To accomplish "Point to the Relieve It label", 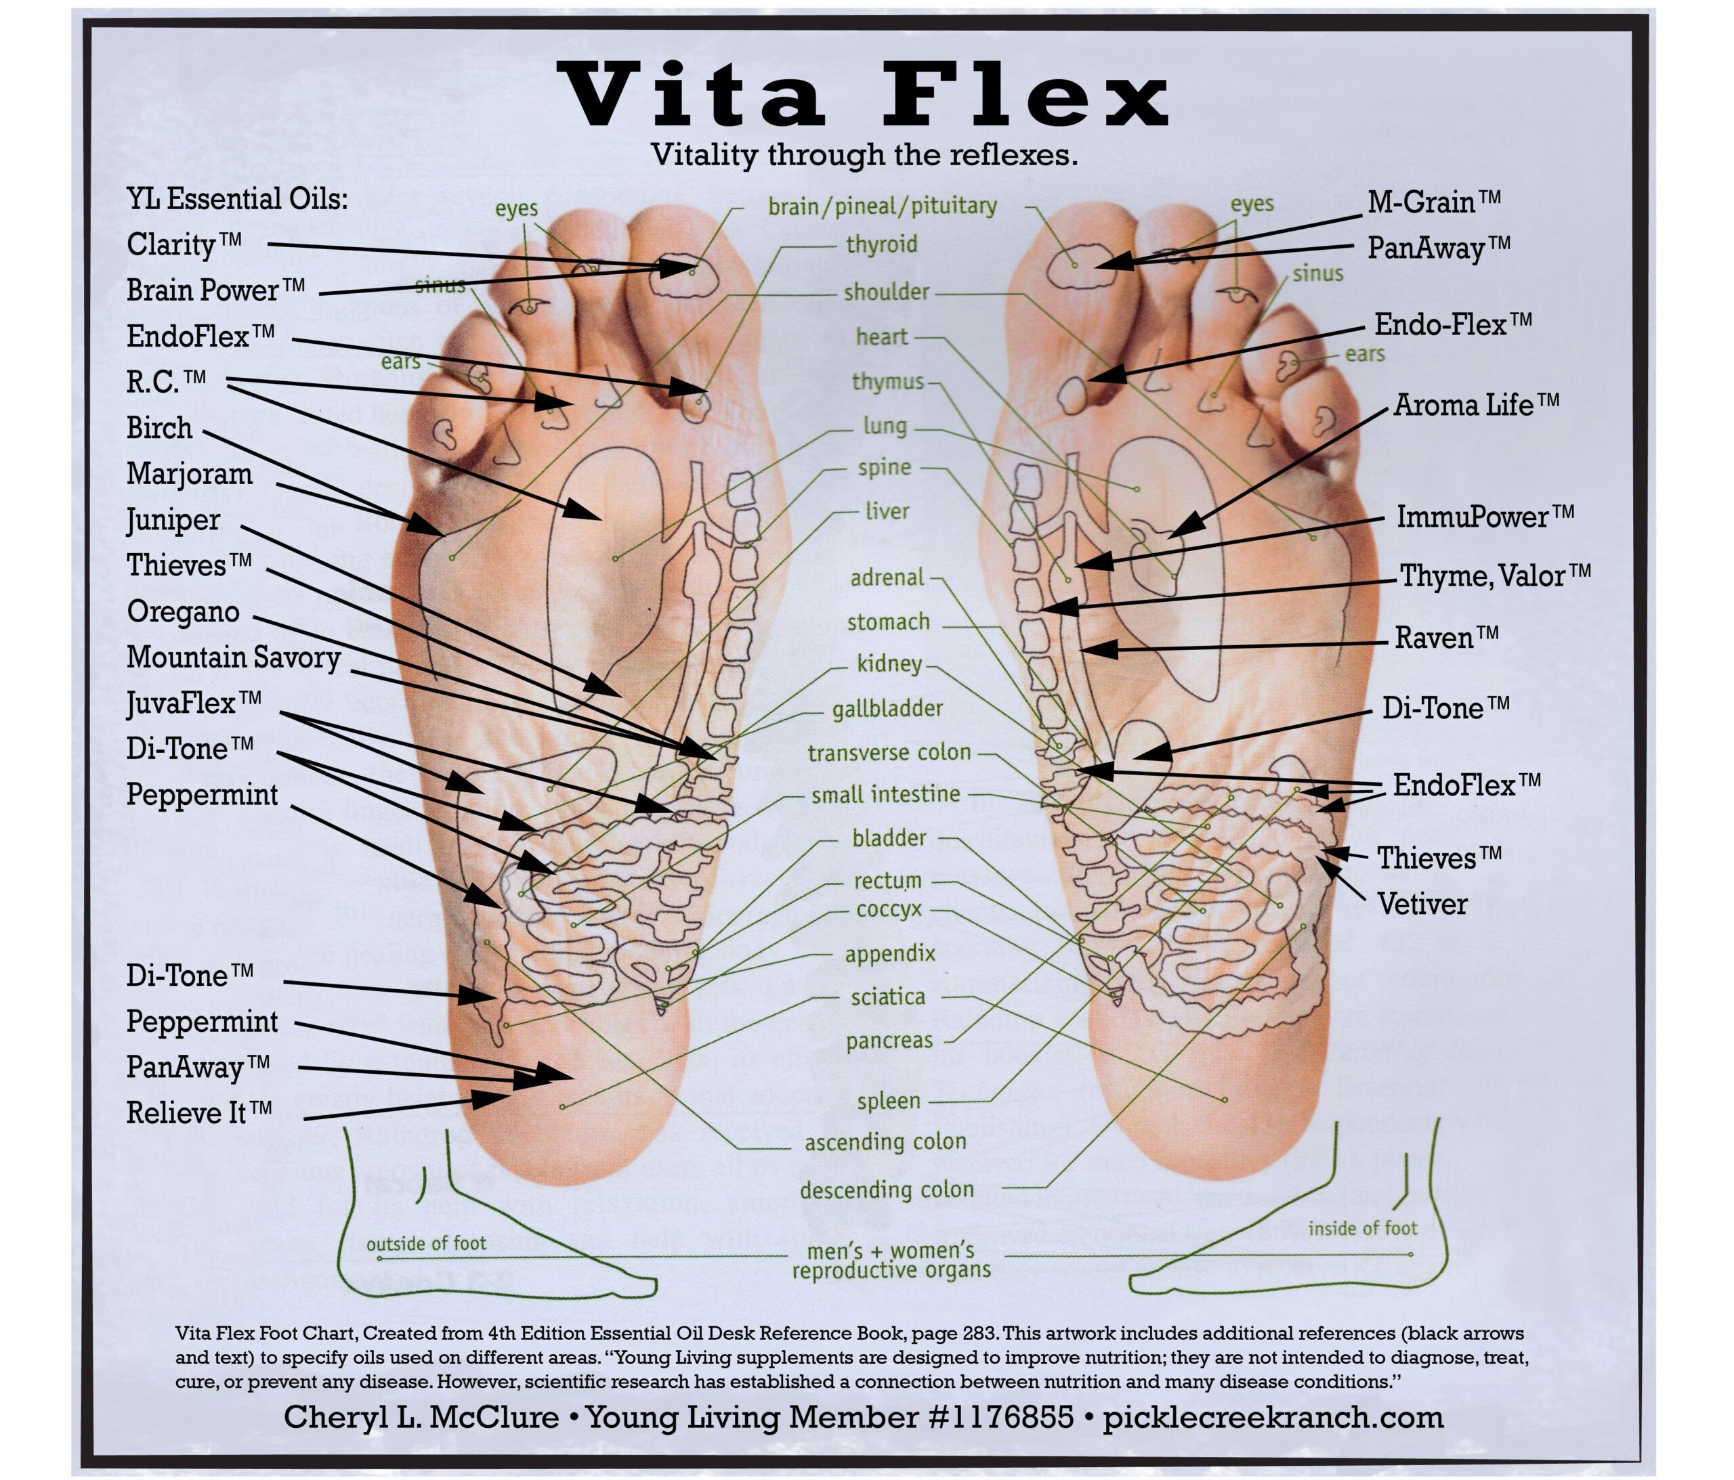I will coord(199,1113).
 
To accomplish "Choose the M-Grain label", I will coord(1433,202).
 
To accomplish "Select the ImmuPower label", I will coord(1485,516).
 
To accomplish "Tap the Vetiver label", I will coord(1422,905).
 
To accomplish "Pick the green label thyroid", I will coord(881,244).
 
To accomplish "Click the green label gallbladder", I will coord(887,709).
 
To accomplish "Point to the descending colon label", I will coord(886,1189).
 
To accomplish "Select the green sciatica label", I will coord(888,997).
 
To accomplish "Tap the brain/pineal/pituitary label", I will coord(882,206).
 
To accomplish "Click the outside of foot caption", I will coord(426,1243).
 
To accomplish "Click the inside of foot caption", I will coord(1362,1228).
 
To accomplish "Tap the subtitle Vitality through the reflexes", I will coord(864,155).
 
